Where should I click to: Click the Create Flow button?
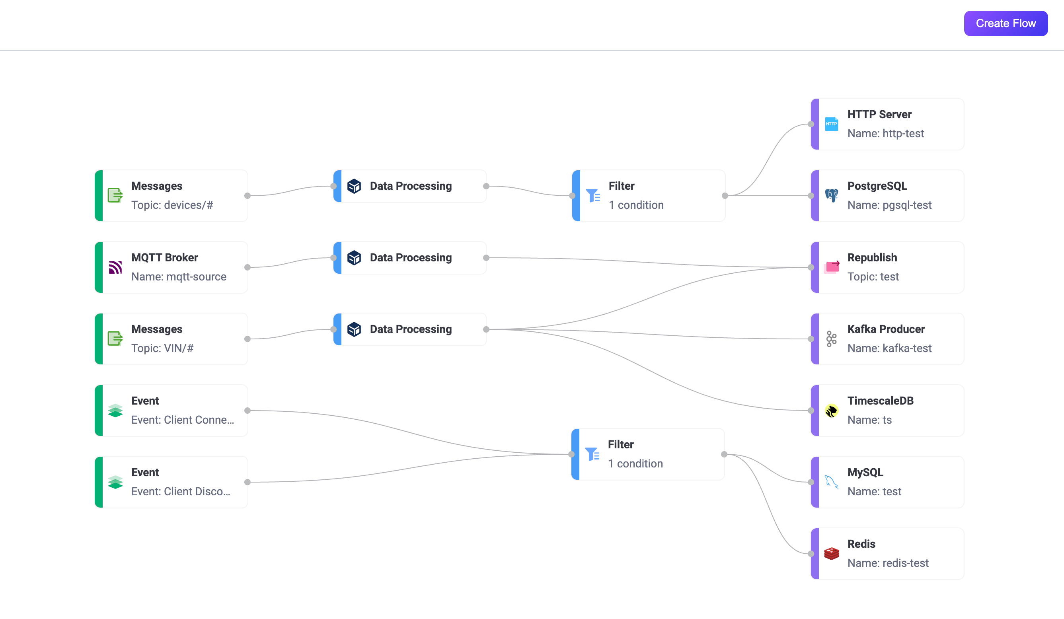pos(1006,23)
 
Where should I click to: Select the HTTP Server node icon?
pos(831,124)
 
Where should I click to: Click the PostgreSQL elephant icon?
pos(831,195)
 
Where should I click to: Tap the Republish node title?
pos(872,257)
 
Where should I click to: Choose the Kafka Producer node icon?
pos(831,339)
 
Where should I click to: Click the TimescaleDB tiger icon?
pos(831,411)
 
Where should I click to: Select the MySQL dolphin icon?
pos(831,482)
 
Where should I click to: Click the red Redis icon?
pos(831,553)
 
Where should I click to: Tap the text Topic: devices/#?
pos(172,205)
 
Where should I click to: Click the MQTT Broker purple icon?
pos(115,267)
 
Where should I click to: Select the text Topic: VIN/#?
pos(162,348)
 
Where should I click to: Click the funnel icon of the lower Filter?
pos(592,454)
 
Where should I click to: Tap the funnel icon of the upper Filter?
pos(593,195)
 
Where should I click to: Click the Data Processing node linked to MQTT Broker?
pos(410,257)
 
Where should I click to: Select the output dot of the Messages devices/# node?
pos(247,195)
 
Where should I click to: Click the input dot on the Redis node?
pos(811,553)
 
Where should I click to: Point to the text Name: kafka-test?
pos(889,348)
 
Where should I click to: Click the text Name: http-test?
pos(885,133)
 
